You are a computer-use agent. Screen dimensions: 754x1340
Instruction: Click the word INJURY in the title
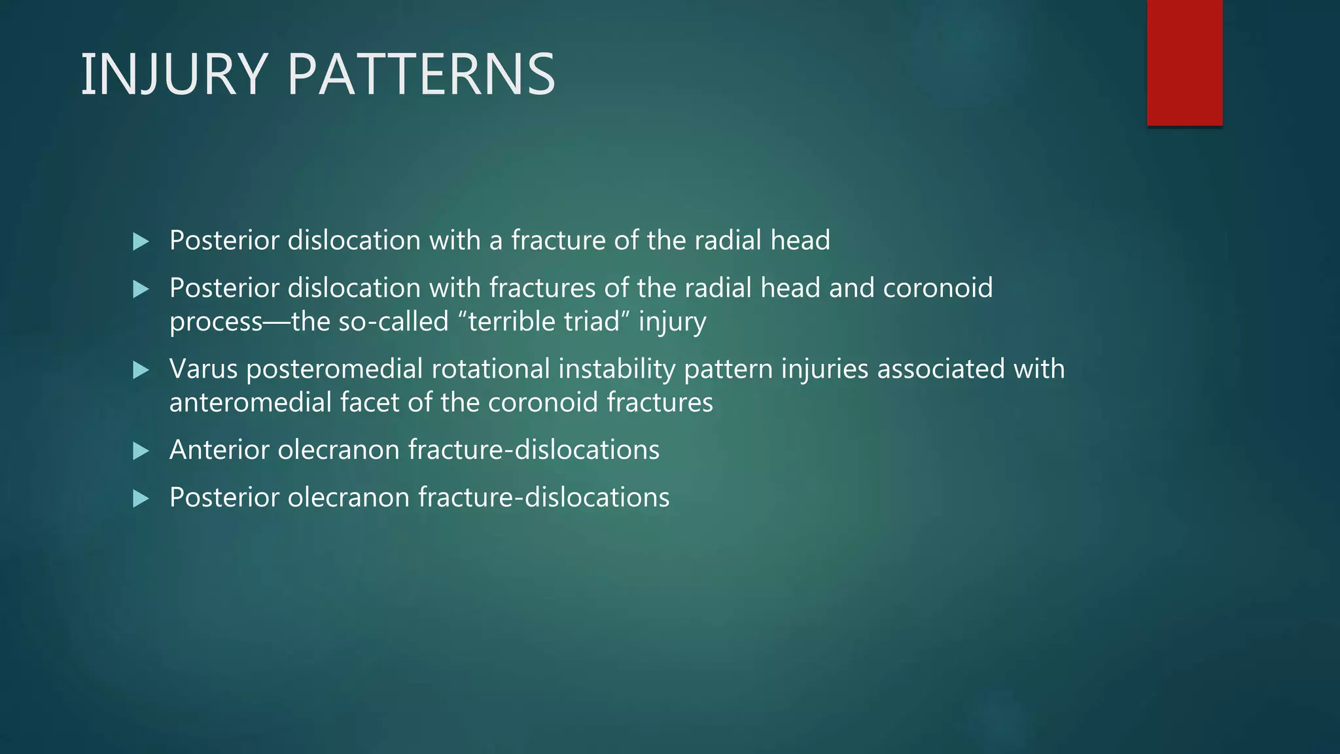174,75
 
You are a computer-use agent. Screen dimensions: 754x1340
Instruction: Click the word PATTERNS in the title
421,75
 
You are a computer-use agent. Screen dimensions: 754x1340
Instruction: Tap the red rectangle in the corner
1184,63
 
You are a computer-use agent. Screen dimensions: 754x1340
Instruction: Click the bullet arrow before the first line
141,242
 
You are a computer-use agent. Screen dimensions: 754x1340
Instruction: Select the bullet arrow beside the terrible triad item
141,289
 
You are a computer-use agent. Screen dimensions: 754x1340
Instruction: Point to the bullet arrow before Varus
141,370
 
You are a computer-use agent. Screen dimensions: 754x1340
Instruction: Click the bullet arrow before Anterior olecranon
141,451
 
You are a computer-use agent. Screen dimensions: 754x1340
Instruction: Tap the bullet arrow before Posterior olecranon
141,499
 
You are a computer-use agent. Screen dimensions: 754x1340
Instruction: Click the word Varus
203,369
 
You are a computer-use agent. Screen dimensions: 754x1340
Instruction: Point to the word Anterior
219,450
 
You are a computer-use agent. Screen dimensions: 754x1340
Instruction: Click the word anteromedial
250,402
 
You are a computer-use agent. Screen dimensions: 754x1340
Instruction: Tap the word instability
616,370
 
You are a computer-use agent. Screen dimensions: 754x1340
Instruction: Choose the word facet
370,402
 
